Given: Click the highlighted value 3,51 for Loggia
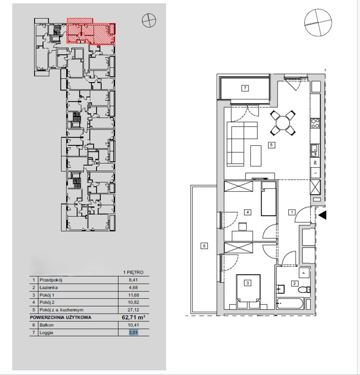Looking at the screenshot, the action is pyautogui.click(x=134, y=332).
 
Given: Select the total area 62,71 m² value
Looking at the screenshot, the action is pyautogui.click(x=134, y=317).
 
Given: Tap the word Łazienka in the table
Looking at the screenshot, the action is pyautogui.click(x=49, y=287).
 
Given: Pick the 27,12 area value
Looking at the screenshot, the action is pyautogui.click(x=134, y=310).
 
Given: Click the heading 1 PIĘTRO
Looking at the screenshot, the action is pyautogui.click(x=133, y=272).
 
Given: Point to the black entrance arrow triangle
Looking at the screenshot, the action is pyautogui.click(x=322, y=215).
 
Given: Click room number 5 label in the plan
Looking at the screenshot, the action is pyautogui.click(x=271, y=145).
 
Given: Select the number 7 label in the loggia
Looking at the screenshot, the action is pyautogui.click(x=245, y=88).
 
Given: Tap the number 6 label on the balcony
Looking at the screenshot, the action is pyautogui.click(x=204, y=246).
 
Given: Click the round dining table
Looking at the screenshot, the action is pyautogui.click(x=283, y=123).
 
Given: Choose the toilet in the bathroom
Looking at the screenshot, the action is pyautogui.click(x=304, y=290).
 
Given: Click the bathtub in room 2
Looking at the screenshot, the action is pyautogui.click(x=290, y=303).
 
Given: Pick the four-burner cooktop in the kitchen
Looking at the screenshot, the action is pyautogui.click(x=315, y=123).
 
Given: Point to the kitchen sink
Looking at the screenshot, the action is pyautogui.click(x=315, y=150).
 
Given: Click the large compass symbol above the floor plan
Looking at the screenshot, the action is pyautogui.click(x=318, y=22).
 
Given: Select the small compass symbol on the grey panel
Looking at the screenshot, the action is pyautogui.click(x=149, y=20).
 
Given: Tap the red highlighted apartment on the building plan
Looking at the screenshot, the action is pyautogui.click(x=91, y=31).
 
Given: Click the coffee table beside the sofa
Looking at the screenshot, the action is pyautogui.click(x=256, y=156).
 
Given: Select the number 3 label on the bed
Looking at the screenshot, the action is pyautogui.click(x=247, y=283).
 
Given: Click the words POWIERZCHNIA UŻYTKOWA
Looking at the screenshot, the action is pyautogui.click(x=60, y=318).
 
